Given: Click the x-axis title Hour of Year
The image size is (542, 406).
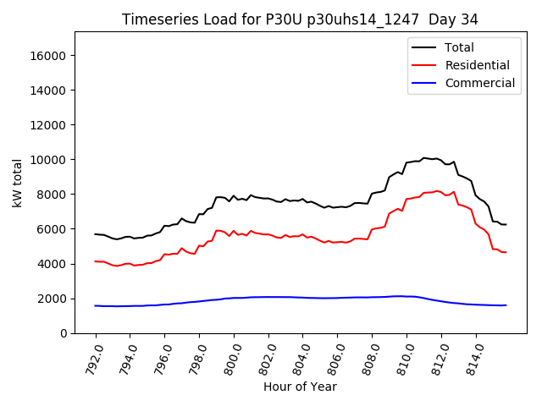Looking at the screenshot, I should pyautogui.click(x=300, y=387).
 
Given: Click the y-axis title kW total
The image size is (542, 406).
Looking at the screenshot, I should pyautogui.click(x=18, y=182).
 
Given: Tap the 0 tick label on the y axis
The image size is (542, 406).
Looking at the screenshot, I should pyautogui.click(x=63, y=333).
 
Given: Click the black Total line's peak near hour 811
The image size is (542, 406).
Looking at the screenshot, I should pyautogui.click(x=424, y=157).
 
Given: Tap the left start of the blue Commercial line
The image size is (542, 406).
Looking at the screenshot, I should pyautogui.click(x=95, y=305).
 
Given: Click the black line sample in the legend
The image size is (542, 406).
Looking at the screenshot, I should pyautogui.click(x=423, y=48).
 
